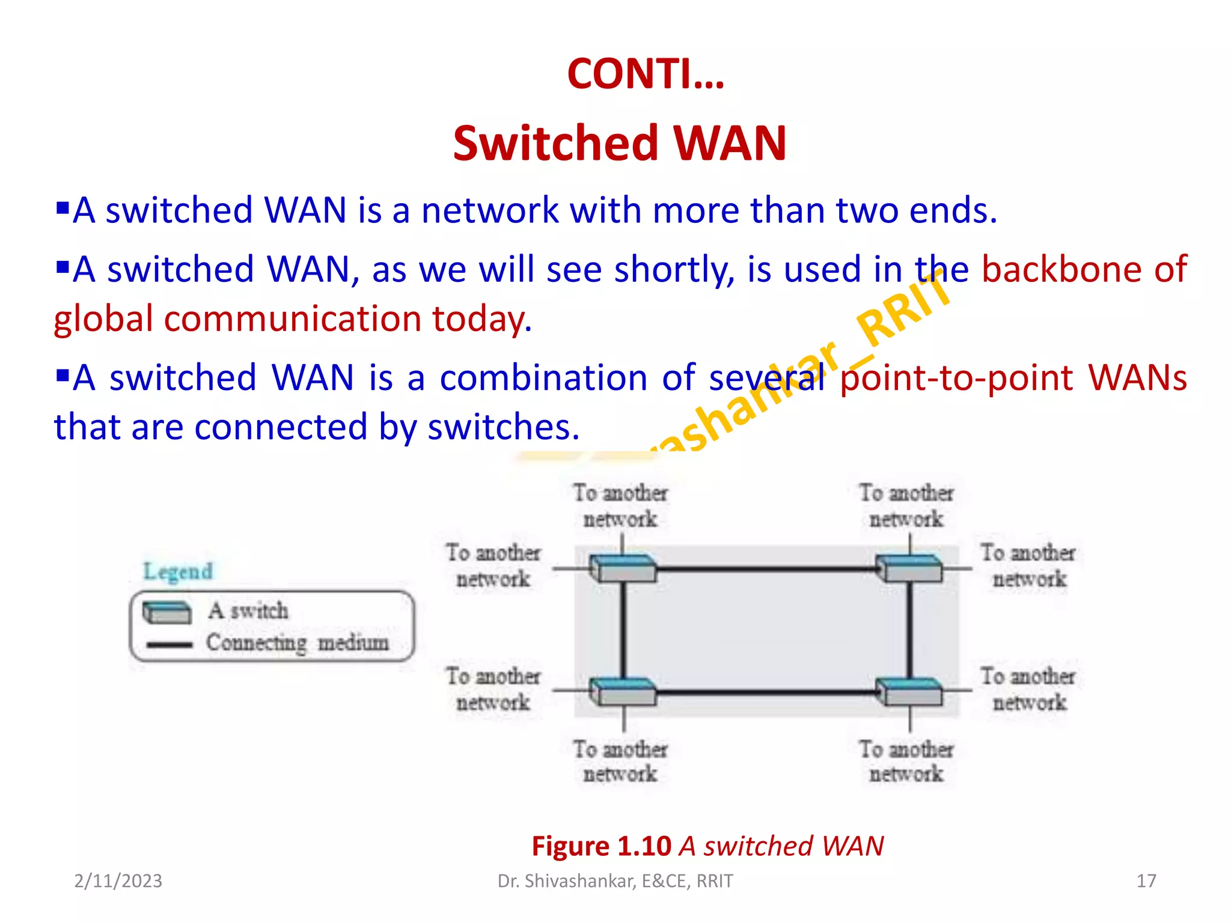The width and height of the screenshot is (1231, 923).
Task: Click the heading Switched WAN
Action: coord(619,144)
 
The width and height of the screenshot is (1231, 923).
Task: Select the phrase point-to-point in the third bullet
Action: coord(956,378)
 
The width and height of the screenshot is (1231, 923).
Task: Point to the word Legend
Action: coord(178,571)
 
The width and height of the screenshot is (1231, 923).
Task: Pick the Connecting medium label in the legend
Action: coord(298,643)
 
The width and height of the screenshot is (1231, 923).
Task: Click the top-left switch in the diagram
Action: coord(623,568)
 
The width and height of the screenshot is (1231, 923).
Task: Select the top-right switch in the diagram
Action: coord(909,568)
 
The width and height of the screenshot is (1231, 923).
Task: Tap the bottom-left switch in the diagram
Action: coord(623,692)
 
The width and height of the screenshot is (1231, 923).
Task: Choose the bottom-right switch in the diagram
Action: coord(909,692)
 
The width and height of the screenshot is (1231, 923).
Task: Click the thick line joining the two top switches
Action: coord(766,568)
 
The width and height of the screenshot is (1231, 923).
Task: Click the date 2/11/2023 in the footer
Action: coord(118,881)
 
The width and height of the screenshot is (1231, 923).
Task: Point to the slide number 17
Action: coord(1146,881)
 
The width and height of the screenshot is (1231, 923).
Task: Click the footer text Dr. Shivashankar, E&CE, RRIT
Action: coord(615,881)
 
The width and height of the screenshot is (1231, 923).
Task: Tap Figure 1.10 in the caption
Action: coord(601,846)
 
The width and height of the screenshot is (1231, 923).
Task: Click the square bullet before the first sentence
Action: coord(62,209)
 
